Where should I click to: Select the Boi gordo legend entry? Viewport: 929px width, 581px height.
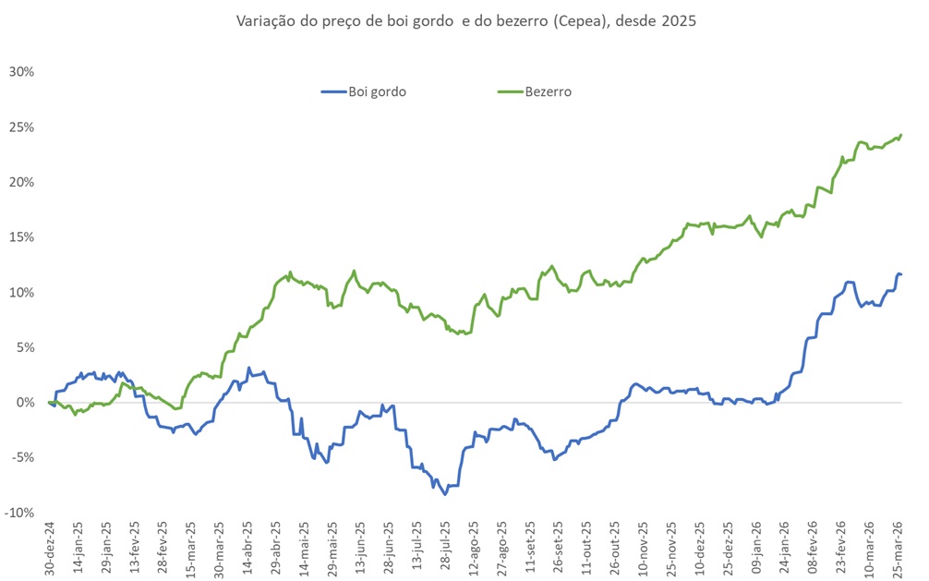click(x=377, y=91)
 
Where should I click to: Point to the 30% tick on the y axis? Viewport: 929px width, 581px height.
click(x=21, y=71)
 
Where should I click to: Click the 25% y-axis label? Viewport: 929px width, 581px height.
click(x=21, y=127)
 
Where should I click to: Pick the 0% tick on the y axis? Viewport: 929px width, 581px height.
click(x=25, y=403)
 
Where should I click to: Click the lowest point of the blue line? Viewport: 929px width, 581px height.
click(x=445, y=494)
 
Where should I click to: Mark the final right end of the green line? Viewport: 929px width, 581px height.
click(x=901, y=135)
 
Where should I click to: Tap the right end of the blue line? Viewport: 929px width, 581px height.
click(x=901, y=274)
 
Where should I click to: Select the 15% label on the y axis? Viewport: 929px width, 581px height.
click(x=21, y=237)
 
